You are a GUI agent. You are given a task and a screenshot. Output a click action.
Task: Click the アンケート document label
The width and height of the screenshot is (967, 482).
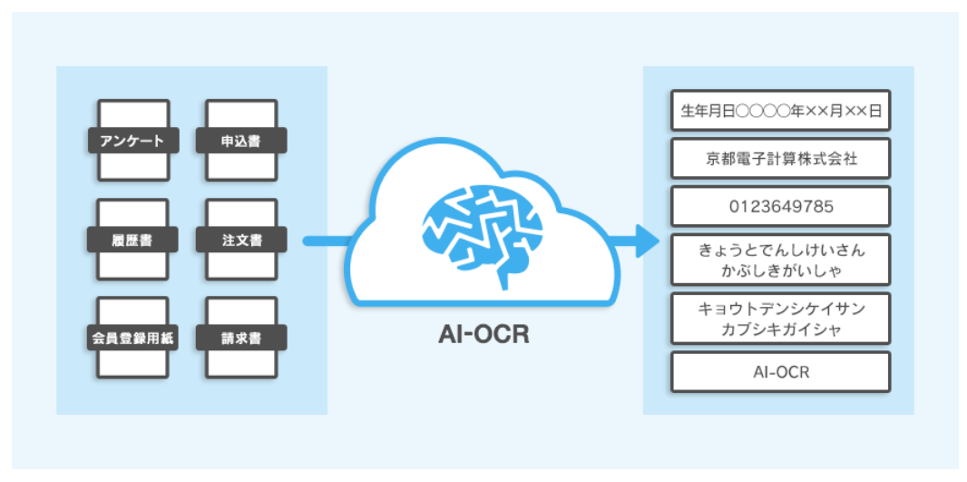pos(132,142)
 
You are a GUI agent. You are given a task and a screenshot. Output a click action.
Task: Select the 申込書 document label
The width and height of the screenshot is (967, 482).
pos(241,142)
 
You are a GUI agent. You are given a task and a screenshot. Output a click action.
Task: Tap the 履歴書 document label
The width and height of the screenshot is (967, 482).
pos(132,241)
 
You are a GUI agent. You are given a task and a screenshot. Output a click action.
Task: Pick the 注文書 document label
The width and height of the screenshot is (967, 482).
pos(241,241)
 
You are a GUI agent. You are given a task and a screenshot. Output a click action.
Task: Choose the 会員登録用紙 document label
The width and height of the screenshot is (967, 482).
pos(132,339)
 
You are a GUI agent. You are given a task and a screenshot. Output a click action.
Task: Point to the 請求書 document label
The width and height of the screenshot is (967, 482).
pos(241,339)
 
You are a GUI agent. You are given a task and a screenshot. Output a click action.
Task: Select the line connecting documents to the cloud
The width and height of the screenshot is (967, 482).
pos(327,241)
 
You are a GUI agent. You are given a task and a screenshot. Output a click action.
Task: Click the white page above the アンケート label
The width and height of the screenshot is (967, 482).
pos(132,113)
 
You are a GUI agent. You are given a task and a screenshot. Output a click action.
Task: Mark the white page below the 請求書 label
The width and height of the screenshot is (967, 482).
pos(241,364)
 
